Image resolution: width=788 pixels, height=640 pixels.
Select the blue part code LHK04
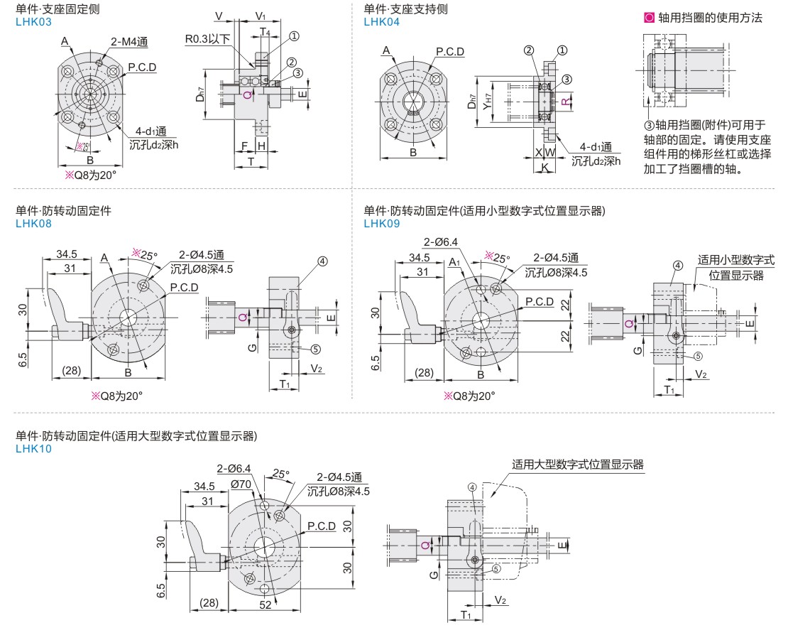pos(381,22)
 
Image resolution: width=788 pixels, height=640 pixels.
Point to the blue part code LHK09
pos(381,223)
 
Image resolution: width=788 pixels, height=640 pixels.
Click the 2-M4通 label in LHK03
pos(128,41)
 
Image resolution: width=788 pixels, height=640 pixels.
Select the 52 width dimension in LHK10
pos(265,604)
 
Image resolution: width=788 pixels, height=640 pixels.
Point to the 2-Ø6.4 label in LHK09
pos(441,242)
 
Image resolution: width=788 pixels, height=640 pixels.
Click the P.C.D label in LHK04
pos(450,51)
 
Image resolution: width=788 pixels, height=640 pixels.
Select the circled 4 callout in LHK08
pos(322,261)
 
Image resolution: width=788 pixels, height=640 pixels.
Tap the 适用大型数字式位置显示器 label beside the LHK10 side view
pos(578,465)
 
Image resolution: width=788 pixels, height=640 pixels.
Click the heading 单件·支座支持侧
pos(405,9)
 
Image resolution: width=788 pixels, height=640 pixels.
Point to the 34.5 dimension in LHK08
pos(67,254)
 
